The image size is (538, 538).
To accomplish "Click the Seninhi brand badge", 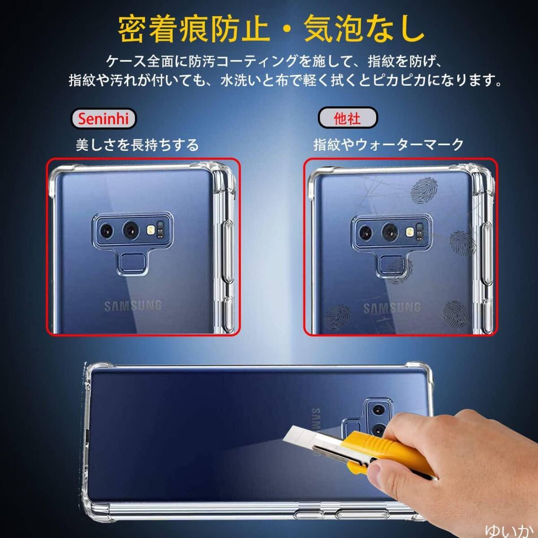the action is click(103, 118).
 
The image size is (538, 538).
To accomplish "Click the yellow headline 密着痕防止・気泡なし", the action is click(271, 29).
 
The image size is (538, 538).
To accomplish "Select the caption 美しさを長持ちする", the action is click(137, 145).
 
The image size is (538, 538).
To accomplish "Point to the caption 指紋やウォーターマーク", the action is click(388, 145).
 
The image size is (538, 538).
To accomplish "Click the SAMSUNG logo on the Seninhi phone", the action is click(133, 306).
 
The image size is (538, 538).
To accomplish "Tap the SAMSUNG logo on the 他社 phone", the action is click(392, 308).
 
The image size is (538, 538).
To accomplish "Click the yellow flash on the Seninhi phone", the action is click(151, 230).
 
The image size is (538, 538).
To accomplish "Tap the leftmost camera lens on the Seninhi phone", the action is click(107, 230).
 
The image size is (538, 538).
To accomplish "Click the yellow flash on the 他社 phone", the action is click(410, 231).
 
